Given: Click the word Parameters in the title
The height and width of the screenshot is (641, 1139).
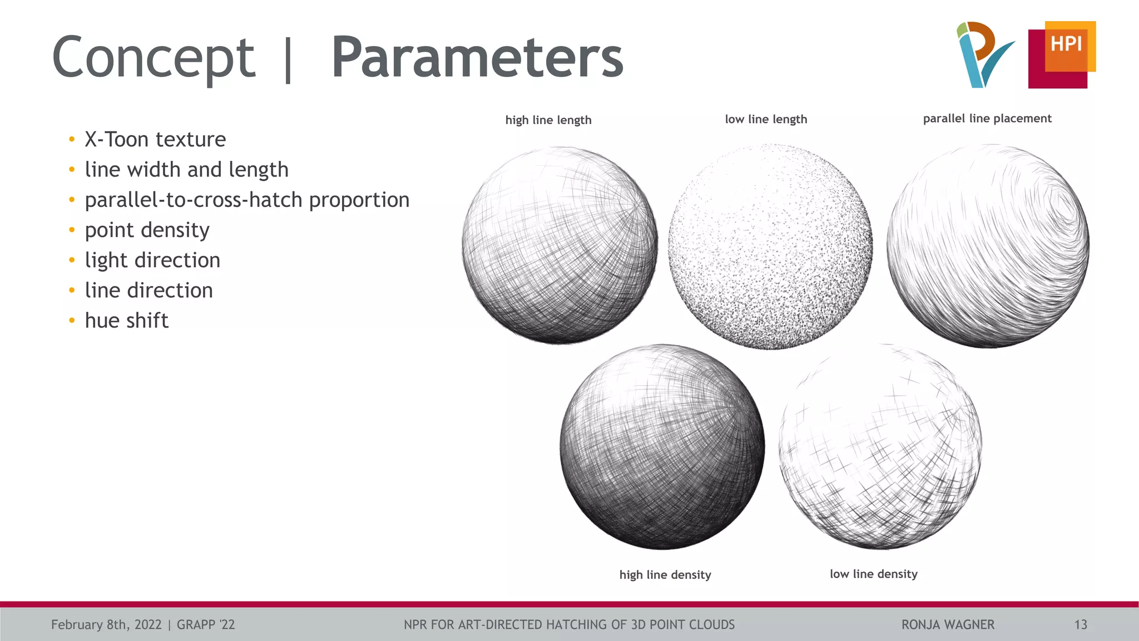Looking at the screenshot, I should tap(477, 58).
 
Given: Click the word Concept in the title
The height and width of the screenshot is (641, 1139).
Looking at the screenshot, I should tap(153, 58).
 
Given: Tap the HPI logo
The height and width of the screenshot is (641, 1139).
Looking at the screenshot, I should tap(1062, 55).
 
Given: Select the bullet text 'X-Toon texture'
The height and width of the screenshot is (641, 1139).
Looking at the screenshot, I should tap(155, 139).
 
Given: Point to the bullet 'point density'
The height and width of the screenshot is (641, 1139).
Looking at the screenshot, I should tap(147, 230).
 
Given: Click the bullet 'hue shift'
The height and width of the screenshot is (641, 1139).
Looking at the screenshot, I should tap(126, 320).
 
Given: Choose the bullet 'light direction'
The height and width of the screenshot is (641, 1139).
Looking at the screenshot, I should tap(152, 260).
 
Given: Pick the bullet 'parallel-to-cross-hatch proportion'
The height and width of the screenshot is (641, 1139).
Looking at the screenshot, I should tap(247, 200).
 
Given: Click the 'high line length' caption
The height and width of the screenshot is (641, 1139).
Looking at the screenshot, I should tap(548, 120).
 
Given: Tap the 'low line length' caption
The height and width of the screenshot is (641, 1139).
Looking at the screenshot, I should tap(766, 119).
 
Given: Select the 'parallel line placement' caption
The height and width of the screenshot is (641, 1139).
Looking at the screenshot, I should tap(987, 119).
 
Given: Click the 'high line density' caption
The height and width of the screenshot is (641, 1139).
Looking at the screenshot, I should tap(665, 575).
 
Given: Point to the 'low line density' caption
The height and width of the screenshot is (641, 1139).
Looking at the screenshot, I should tap(873, 574).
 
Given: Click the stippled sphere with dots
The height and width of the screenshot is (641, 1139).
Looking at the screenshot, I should tap(770, 246).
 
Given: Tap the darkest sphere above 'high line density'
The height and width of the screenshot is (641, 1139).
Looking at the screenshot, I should tap(662, 447).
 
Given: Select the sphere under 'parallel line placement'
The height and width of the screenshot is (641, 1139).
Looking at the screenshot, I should tap(988, 246).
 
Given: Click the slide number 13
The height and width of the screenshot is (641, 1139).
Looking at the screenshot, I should tap(1080, 625).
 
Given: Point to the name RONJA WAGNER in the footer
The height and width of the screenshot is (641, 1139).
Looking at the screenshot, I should tap(948, 625).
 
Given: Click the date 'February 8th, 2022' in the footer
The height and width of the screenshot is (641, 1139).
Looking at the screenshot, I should tap(106, 625).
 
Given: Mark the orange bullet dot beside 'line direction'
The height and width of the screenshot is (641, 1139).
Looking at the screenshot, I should tap(72, 290).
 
